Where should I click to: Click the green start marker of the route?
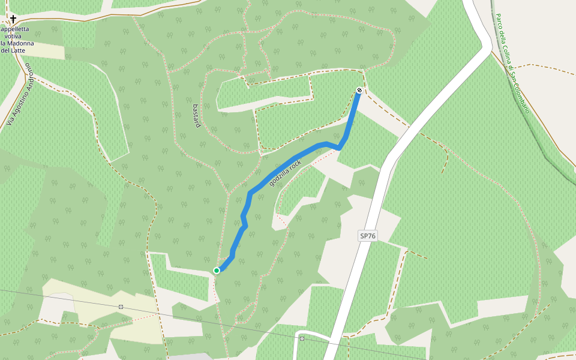[x=217, y=271]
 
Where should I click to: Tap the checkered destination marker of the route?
[x=359, y=90]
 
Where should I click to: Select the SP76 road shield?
[x=368, y=236]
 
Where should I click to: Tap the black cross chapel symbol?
[x=13, y=19]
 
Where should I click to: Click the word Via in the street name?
[x=10, y=120]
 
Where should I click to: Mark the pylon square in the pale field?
[x=121, y=307]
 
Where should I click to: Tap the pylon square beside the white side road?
[x=302, y=338]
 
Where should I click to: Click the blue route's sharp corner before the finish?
[x=340, y=147]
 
